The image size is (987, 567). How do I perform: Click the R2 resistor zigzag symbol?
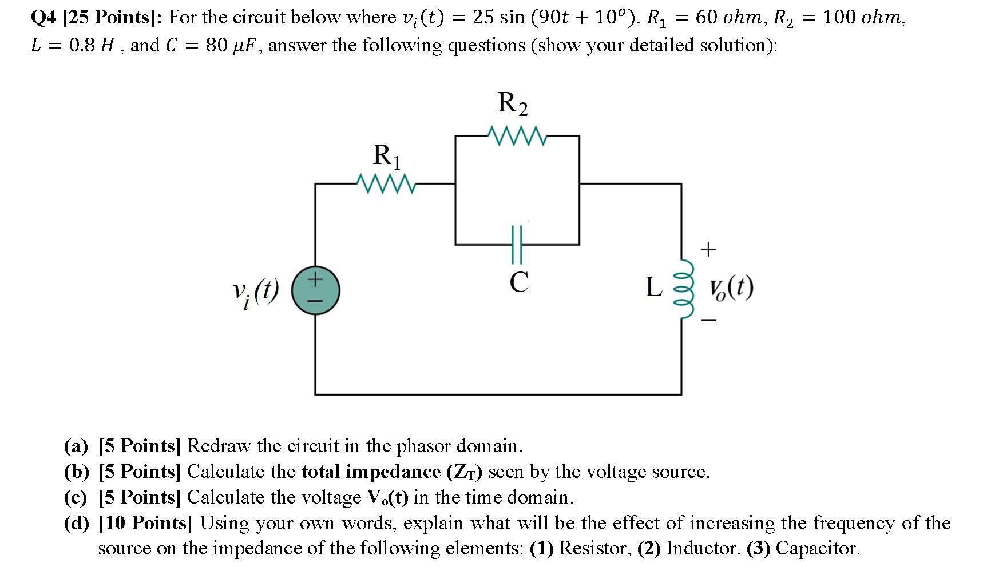click(517, 136)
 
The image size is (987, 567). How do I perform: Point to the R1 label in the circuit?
click(387, 155)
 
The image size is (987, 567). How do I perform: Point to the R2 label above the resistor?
click(513, 103)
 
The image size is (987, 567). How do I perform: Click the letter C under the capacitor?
click(518, 282)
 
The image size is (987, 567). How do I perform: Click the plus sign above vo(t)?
click(708, 249)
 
